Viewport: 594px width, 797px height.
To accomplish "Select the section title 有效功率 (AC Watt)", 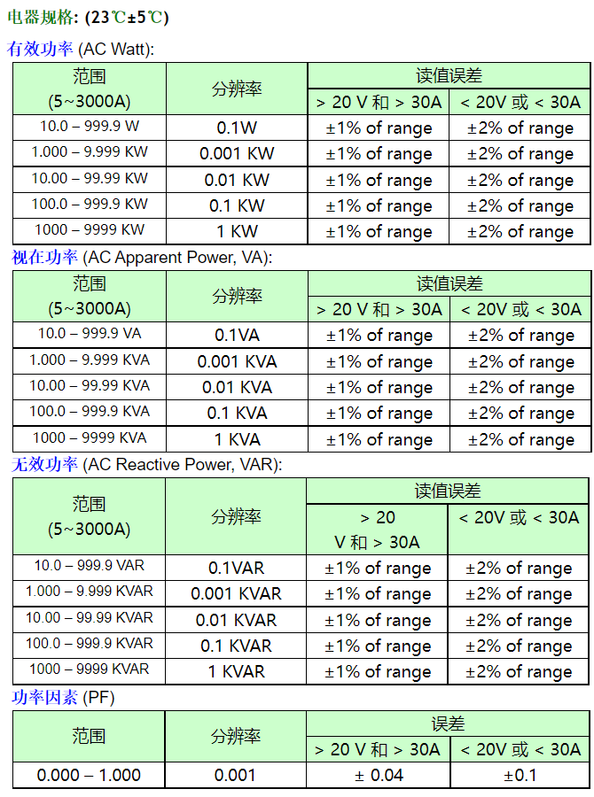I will click(81, 50).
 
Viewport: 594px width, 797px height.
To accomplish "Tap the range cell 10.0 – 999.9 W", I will click(90, 127).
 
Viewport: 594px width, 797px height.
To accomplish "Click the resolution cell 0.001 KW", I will click(237, 154).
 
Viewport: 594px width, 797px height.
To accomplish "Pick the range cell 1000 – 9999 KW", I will click(90, 230).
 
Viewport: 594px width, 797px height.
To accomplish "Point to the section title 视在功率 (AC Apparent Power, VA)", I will click(141, 258).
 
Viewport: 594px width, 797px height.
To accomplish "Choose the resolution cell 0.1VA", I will click(237, 336).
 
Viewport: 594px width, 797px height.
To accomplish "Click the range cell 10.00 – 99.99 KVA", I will click(90, 386).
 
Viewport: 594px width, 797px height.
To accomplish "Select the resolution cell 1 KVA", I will click(237, 439).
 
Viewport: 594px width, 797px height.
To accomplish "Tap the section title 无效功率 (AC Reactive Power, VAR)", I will click(145, 465).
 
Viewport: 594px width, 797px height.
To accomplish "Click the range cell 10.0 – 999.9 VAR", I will click(90, 566).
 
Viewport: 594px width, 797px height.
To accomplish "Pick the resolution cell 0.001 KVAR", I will click(236, 594).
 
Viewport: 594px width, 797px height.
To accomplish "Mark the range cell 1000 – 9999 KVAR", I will click(90, 669).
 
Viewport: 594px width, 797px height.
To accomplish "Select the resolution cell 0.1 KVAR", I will click(236, 646).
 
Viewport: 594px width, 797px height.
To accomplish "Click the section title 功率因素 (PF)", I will click(63, 698).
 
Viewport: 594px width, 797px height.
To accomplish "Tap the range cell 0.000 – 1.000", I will click(89, 775).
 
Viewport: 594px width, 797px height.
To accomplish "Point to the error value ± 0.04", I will click(379, 775).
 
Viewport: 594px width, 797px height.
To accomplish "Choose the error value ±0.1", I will click(520, 775).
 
